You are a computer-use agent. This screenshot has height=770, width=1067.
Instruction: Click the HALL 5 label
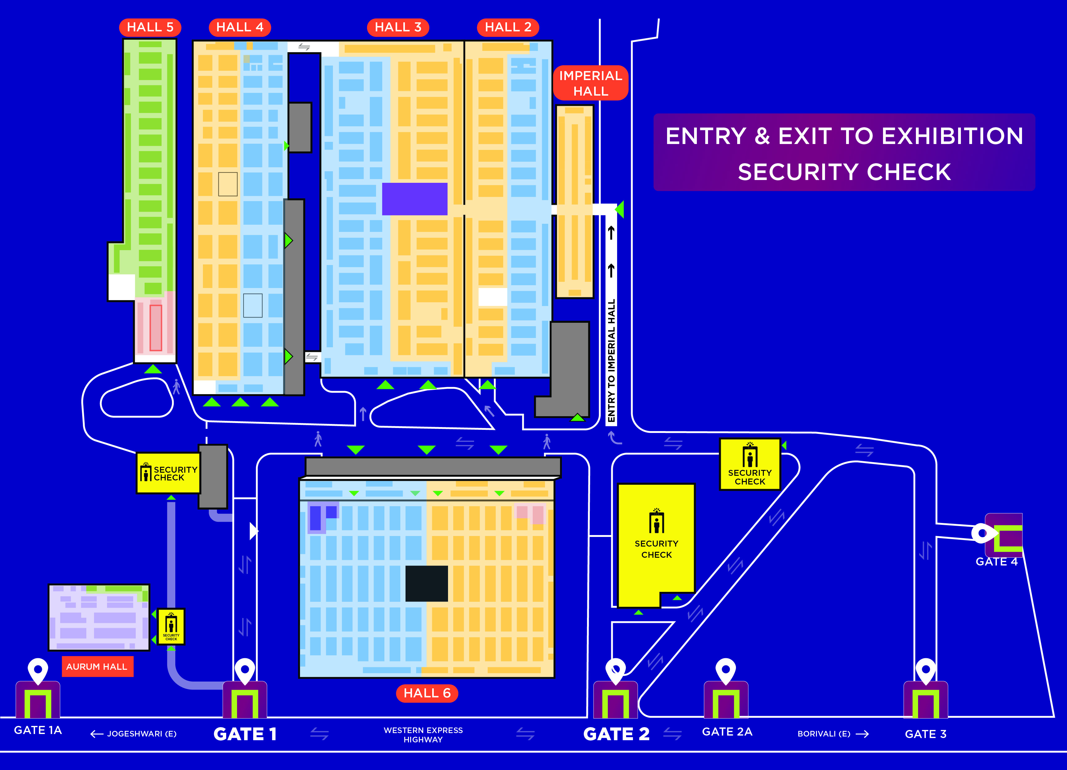pyautogui.click(x=150, y=27)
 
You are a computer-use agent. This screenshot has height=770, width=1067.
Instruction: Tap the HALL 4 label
pyautogui.click(x=240, y=27)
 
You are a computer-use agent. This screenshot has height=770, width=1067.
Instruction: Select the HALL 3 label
pyautogui.click(x=398, y=27)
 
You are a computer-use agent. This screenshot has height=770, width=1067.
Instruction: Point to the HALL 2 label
pyautogui.click(x=508, y=27)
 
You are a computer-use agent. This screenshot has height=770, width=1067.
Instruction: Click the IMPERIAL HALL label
pyautogui.click(x=590, y=83)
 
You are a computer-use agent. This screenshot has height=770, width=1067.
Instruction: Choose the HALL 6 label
pyautogui.click(x=427, y=693)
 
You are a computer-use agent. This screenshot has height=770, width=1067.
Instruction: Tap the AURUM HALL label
pyautogui.click(x=97, y=666)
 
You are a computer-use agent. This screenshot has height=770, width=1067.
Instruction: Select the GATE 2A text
pyautogui.click(x=727, y=732)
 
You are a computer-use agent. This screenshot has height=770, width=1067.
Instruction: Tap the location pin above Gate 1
pyautogui.click(x=244, y=671)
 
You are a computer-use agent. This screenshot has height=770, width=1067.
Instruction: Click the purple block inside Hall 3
pyautogui.click(x=415, y=199)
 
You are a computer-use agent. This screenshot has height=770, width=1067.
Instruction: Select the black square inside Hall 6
pyautogui.click(x=427, y=583)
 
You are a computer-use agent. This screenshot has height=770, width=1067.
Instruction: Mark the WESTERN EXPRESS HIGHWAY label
pyautogui.click(x=424, y=735)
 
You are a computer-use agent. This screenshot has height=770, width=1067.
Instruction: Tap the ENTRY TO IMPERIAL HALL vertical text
pyautogui.click(x=611, y=361)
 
